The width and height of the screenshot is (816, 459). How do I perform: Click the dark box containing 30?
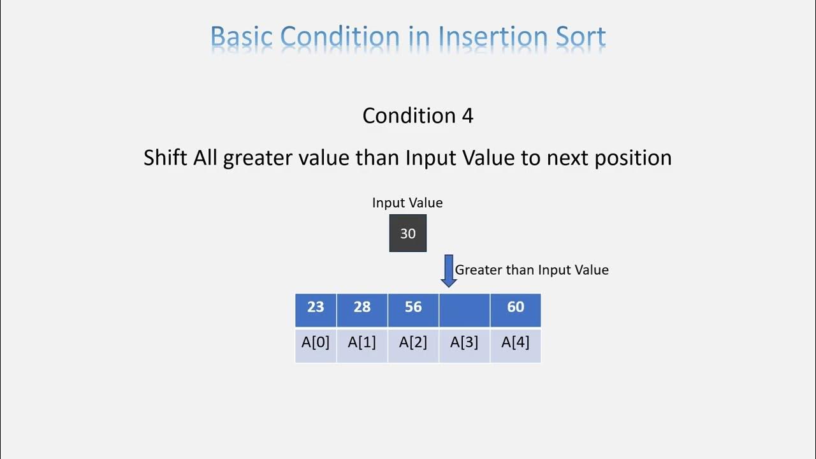click(408, 233)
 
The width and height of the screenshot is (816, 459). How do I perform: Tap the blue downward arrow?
click(448, 271)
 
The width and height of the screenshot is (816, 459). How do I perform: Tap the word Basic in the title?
click(242, 37)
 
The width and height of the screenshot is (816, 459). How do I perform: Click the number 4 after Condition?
click(467, 115)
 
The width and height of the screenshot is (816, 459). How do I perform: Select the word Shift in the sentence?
click(166, 157)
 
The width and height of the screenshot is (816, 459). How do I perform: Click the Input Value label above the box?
click(407, 203)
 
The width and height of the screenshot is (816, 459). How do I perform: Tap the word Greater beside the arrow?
click(478, 270)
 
